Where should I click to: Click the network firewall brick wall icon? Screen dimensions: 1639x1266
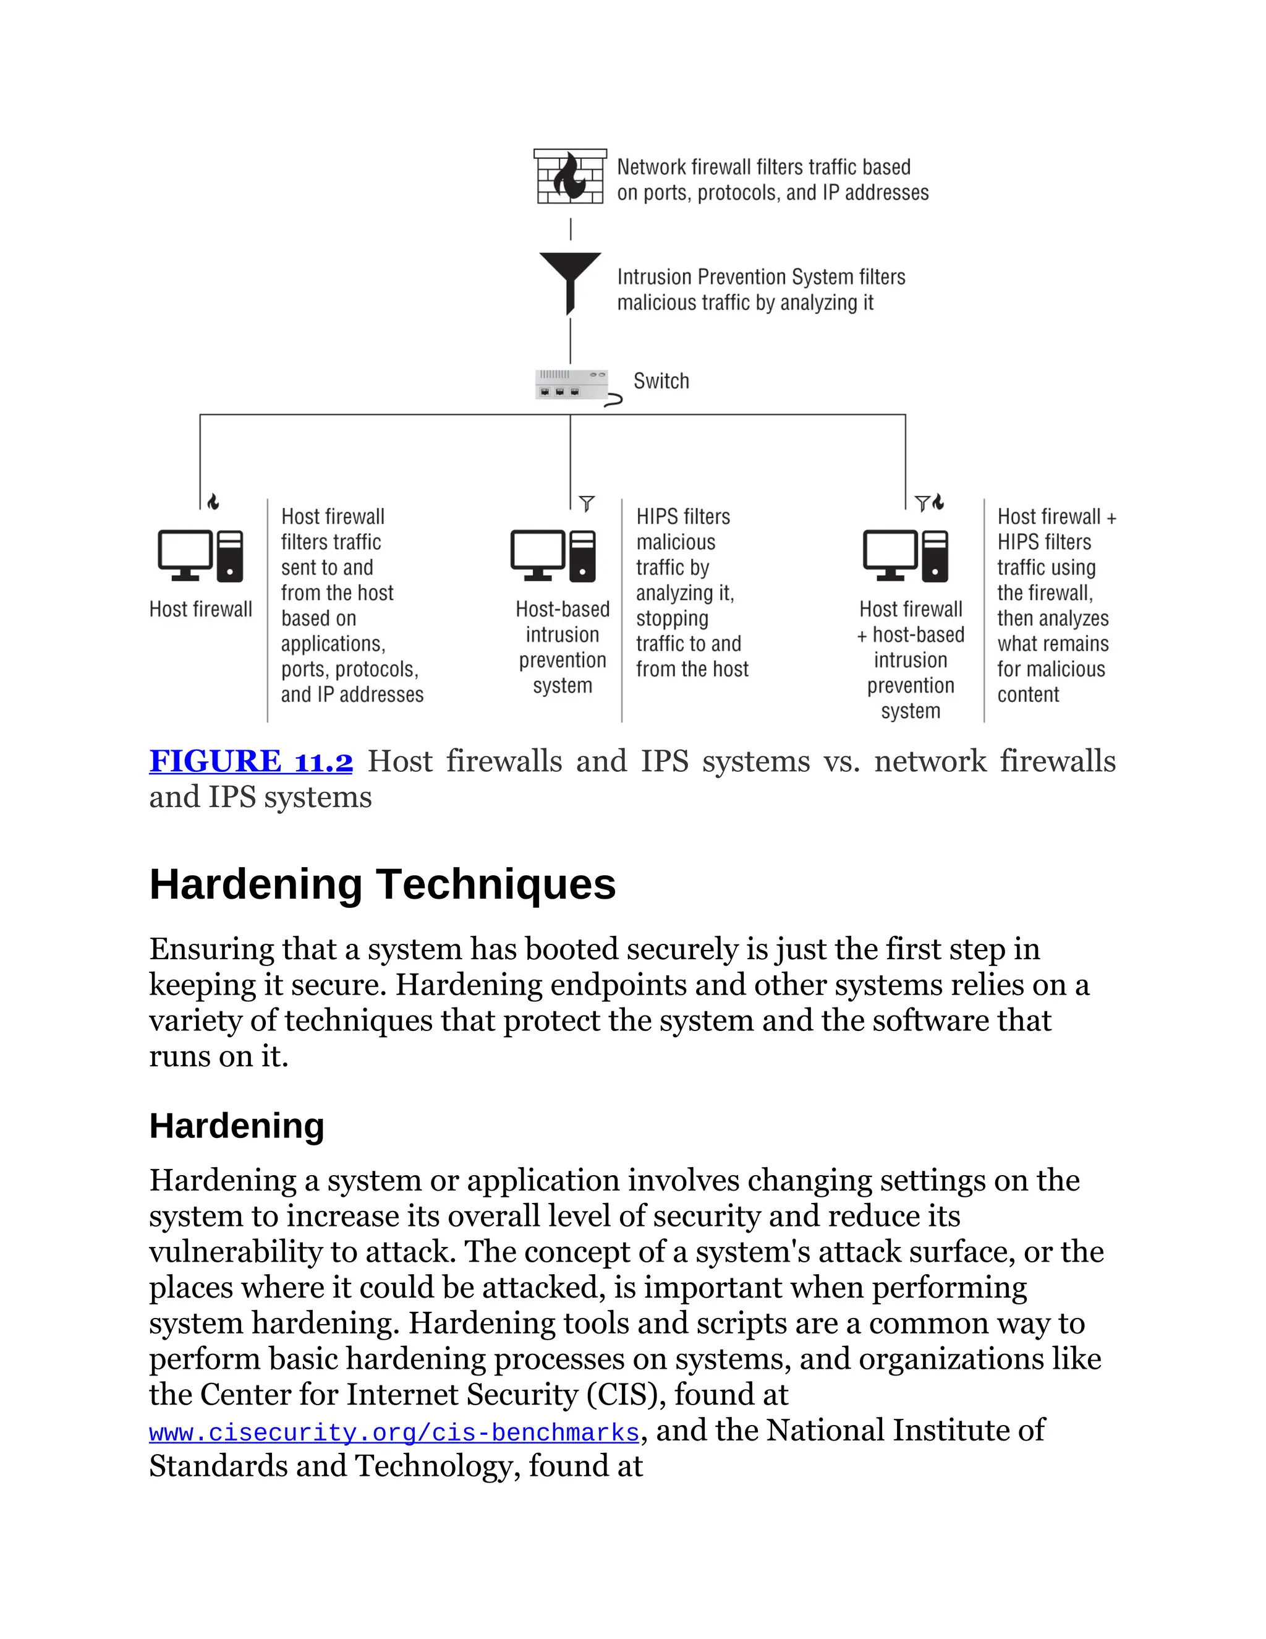click(x=570, y=176)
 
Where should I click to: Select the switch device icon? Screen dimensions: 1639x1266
click(x=572, y=385)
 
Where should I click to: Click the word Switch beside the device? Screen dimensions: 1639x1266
click(x=661, y=381)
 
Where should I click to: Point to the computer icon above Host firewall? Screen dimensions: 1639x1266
click(x=200, y=556)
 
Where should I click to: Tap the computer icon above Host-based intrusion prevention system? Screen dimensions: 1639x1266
click(x=553, y=556)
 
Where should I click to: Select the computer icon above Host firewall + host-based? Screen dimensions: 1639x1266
click(x=905, y=556)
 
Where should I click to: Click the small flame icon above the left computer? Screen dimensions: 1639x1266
click(x=214, y=502)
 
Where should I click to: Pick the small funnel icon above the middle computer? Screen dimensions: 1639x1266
click(x=587, y=503)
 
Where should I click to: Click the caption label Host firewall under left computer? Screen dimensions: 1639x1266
click(x=200, y=609)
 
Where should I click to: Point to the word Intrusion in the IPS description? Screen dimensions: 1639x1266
click(x=654, y=278)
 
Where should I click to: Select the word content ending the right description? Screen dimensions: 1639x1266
click(x=1027, y=695)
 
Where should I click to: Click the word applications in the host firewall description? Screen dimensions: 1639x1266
click(x=332, y=644)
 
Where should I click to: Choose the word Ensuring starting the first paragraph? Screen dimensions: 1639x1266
click(x=211, y=949)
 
